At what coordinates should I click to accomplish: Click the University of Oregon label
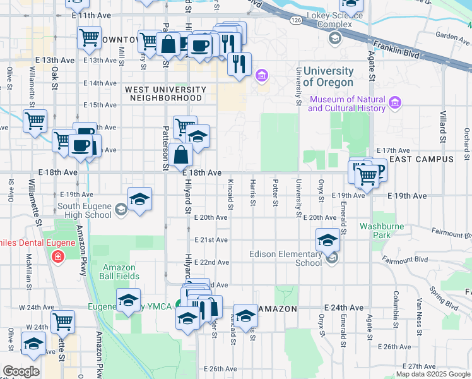(328, 77)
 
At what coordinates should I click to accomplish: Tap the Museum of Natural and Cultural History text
(346, 104)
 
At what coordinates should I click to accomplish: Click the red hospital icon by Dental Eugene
(58, 257)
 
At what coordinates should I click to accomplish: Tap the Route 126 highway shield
(296, 20)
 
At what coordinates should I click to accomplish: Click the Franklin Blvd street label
(396, 49)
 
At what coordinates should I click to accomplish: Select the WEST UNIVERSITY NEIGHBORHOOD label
(165, 94)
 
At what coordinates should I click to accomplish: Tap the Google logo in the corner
(21, 371)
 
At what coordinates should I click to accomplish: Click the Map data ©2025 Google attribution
(432, 374)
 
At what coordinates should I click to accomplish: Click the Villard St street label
(443, 123)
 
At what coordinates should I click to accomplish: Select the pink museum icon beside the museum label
(395, 102)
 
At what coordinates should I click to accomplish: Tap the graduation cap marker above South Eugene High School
(139, 199)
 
